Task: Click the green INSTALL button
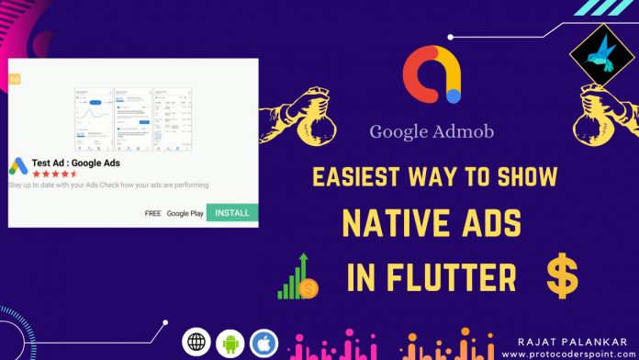[x=232, y=213]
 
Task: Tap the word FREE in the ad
[x=152, y=213]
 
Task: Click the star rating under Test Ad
[x=55, y=173]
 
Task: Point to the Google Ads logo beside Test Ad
[x=18, y=166]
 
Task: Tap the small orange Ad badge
[x=14, y=79]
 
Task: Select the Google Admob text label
[x=432, y=131]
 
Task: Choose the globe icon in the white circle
[x=196, y=343]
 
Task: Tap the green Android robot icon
[x=230, y=343]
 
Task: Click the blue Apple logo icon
[x=263, y=343]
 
